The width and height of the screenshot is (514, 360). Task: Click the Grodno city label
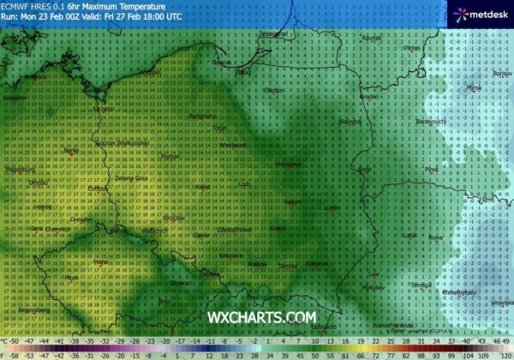click(368, 97)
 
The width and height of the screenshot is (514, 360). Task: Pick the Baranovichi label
click(426, 122)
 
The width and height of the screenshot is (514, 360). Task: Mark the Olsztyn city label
click(274, 89)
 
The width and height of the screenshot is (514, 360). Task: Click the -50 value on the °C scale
click(13, 341)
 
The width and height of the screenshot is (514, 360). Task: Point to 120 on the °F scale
click(505, 352)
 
